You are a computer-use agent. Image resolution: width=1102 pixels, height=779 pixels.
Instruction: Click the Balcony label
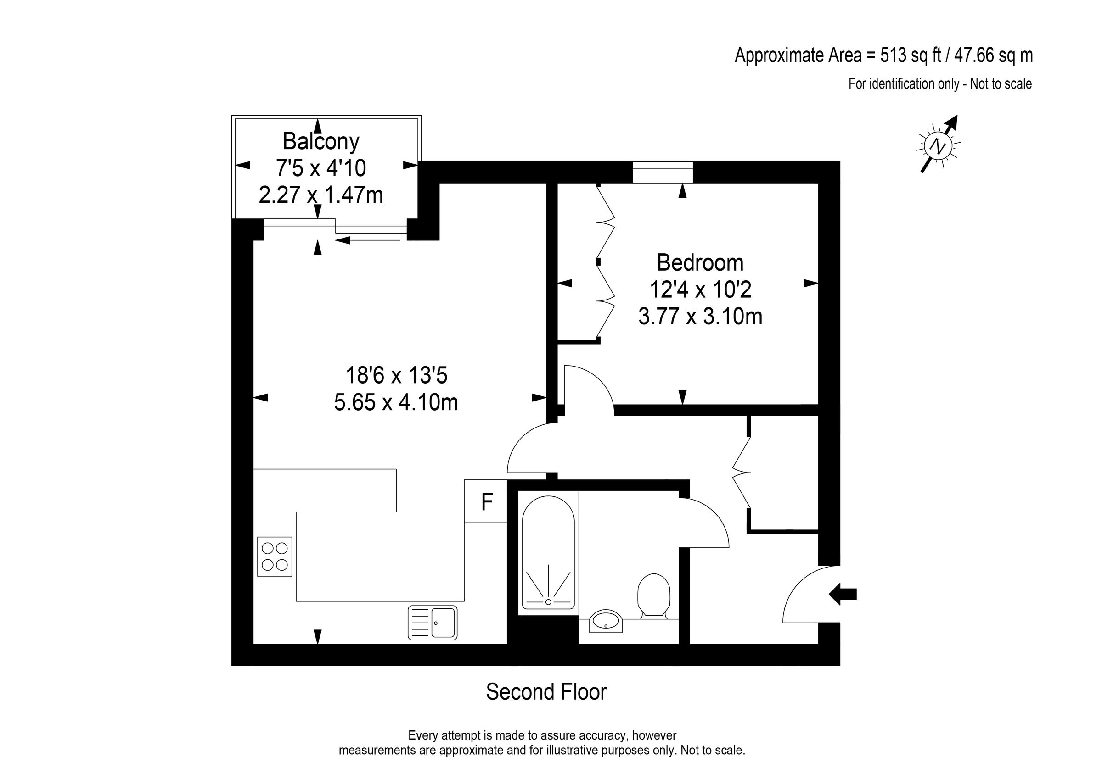(x=320, y=141)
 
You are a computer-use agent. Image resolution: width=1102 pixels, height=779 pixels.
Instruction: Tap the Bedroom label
(x=700, y=262)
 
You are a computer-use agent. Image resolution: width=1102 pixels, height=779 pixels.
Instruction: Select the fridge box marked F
(x=486, y=502)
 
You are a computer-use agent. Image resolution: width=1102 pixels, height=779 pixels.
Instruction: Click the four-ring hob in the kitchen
(x=275, y=556)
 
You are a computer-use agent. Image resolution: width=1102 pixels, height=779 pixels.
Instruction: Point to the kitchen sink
(x=433, y=623)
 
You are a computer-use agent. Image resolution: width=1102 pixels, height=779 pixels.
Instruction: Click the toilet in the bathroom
(x=653, y=595)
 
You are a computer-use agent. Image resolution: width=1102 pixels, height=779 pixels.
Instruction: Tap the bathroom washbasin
(x=605, y=621)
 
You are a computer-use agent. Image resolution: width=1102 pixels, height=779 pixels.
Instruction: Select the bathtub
(x=548, y=552)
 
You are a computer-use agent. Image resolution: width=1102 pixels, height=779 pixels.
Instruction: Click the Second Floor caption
(x=546, y=692)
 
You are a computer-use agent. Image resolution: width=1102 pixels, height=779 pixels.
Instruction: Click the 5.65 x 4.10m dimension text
(x=396, y=402)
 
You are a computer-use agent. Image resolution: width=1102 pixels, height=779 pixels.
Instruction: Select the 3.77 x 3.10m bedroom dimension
(x=700, y=317)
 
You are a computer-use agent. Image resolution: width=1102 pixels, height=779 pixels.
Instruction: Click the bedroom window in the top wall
(x=663, y=172)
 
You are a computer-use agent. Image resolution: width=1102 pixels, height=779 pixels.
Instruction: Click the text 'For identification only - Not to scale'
(x=940, y=84)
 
